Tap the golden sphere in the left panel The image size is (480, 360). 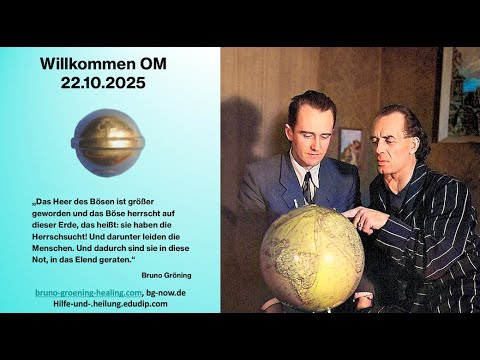point(108,142)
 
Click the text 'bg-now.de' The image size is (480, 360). point(166,291)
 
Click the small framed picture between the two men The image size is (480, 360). point(350,146)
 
